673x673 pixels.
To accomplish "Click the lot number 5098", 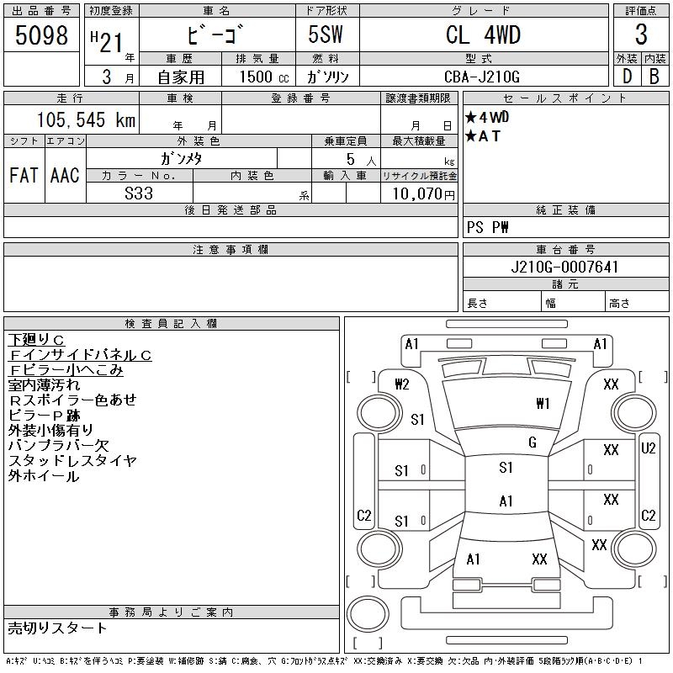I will [42, 35].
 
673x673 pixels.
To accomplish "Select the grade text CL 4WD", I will [483, 35].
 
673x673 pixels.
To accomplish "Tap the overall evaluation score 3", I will [641, 35].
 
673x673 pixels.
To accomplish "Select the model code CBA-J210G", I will [483, 77].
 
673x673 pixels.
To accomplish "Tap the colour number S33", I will [139, 193].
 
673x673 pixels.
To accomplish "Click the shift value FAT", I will [24, 176].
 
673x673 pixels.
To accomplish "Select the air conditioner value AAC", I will [65, 176].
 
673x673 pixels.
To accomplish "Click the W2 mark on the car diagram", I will [402, 384].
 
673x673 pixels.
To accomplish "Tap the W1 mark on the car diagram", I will [543, 404].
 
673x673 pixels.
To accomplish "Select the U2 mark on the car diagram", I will [648, 448].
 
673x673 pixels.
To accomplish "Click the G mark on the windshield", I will [532, 442].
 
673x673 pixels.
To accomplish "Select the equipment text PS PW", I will [488, 228].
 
